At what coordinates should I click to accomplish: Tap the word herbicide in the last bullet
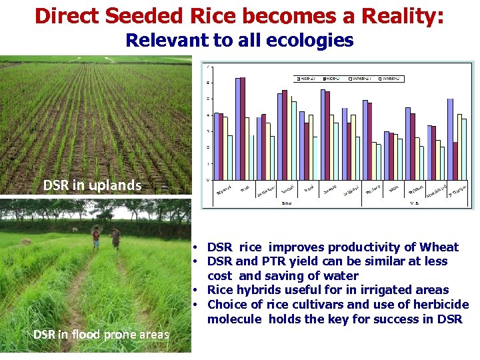436,305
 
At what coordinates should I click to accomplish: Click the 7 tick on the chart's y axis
210,67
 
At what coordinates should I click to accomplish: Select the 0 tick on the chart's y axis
210,180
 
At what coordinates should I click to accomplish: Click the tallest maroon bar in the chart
243,128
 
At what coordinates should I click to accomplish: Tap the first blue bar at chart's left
216,146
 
